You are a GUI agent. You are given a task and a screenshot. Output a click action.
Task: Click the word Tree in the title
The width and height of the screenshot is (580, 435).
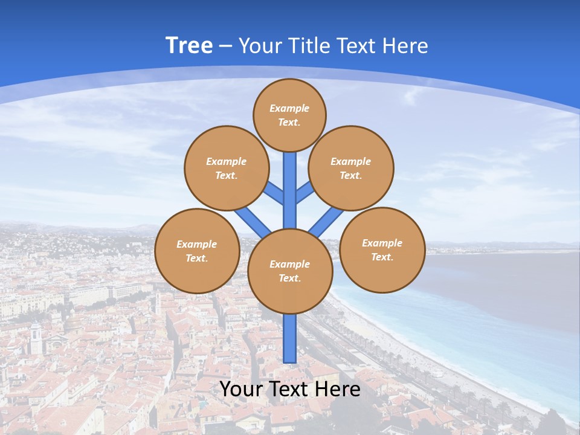[x=189, y=45]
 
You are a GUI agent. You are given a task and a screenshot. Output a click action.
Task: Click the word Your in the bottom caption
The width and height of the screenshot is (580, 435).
[x=242, y=389]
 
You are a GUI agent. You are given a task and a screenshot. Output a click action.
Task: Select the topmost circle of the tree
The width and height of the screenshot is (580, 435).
[x=289, y=115]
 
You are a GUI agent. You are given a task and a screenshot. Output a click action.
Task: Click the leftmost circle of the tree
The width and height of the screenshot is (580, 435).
[x=197, y=251]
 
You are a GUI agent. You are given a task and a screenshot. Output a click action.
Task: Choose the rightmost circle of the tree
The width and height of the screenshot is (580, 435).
[x=382, y=250]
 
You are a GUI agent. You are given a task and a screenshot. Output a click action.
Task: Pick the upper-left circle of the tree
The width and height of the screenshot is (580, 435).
[x=227, y=168]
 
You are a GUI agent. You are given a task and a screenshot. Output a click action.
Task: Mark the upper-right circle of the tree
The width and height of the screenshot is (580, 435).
[x=351, y=168]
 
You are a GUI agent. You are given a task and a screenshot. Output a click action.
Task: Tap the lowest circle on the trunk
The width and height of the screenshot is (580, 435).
[x=290, y=271]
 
